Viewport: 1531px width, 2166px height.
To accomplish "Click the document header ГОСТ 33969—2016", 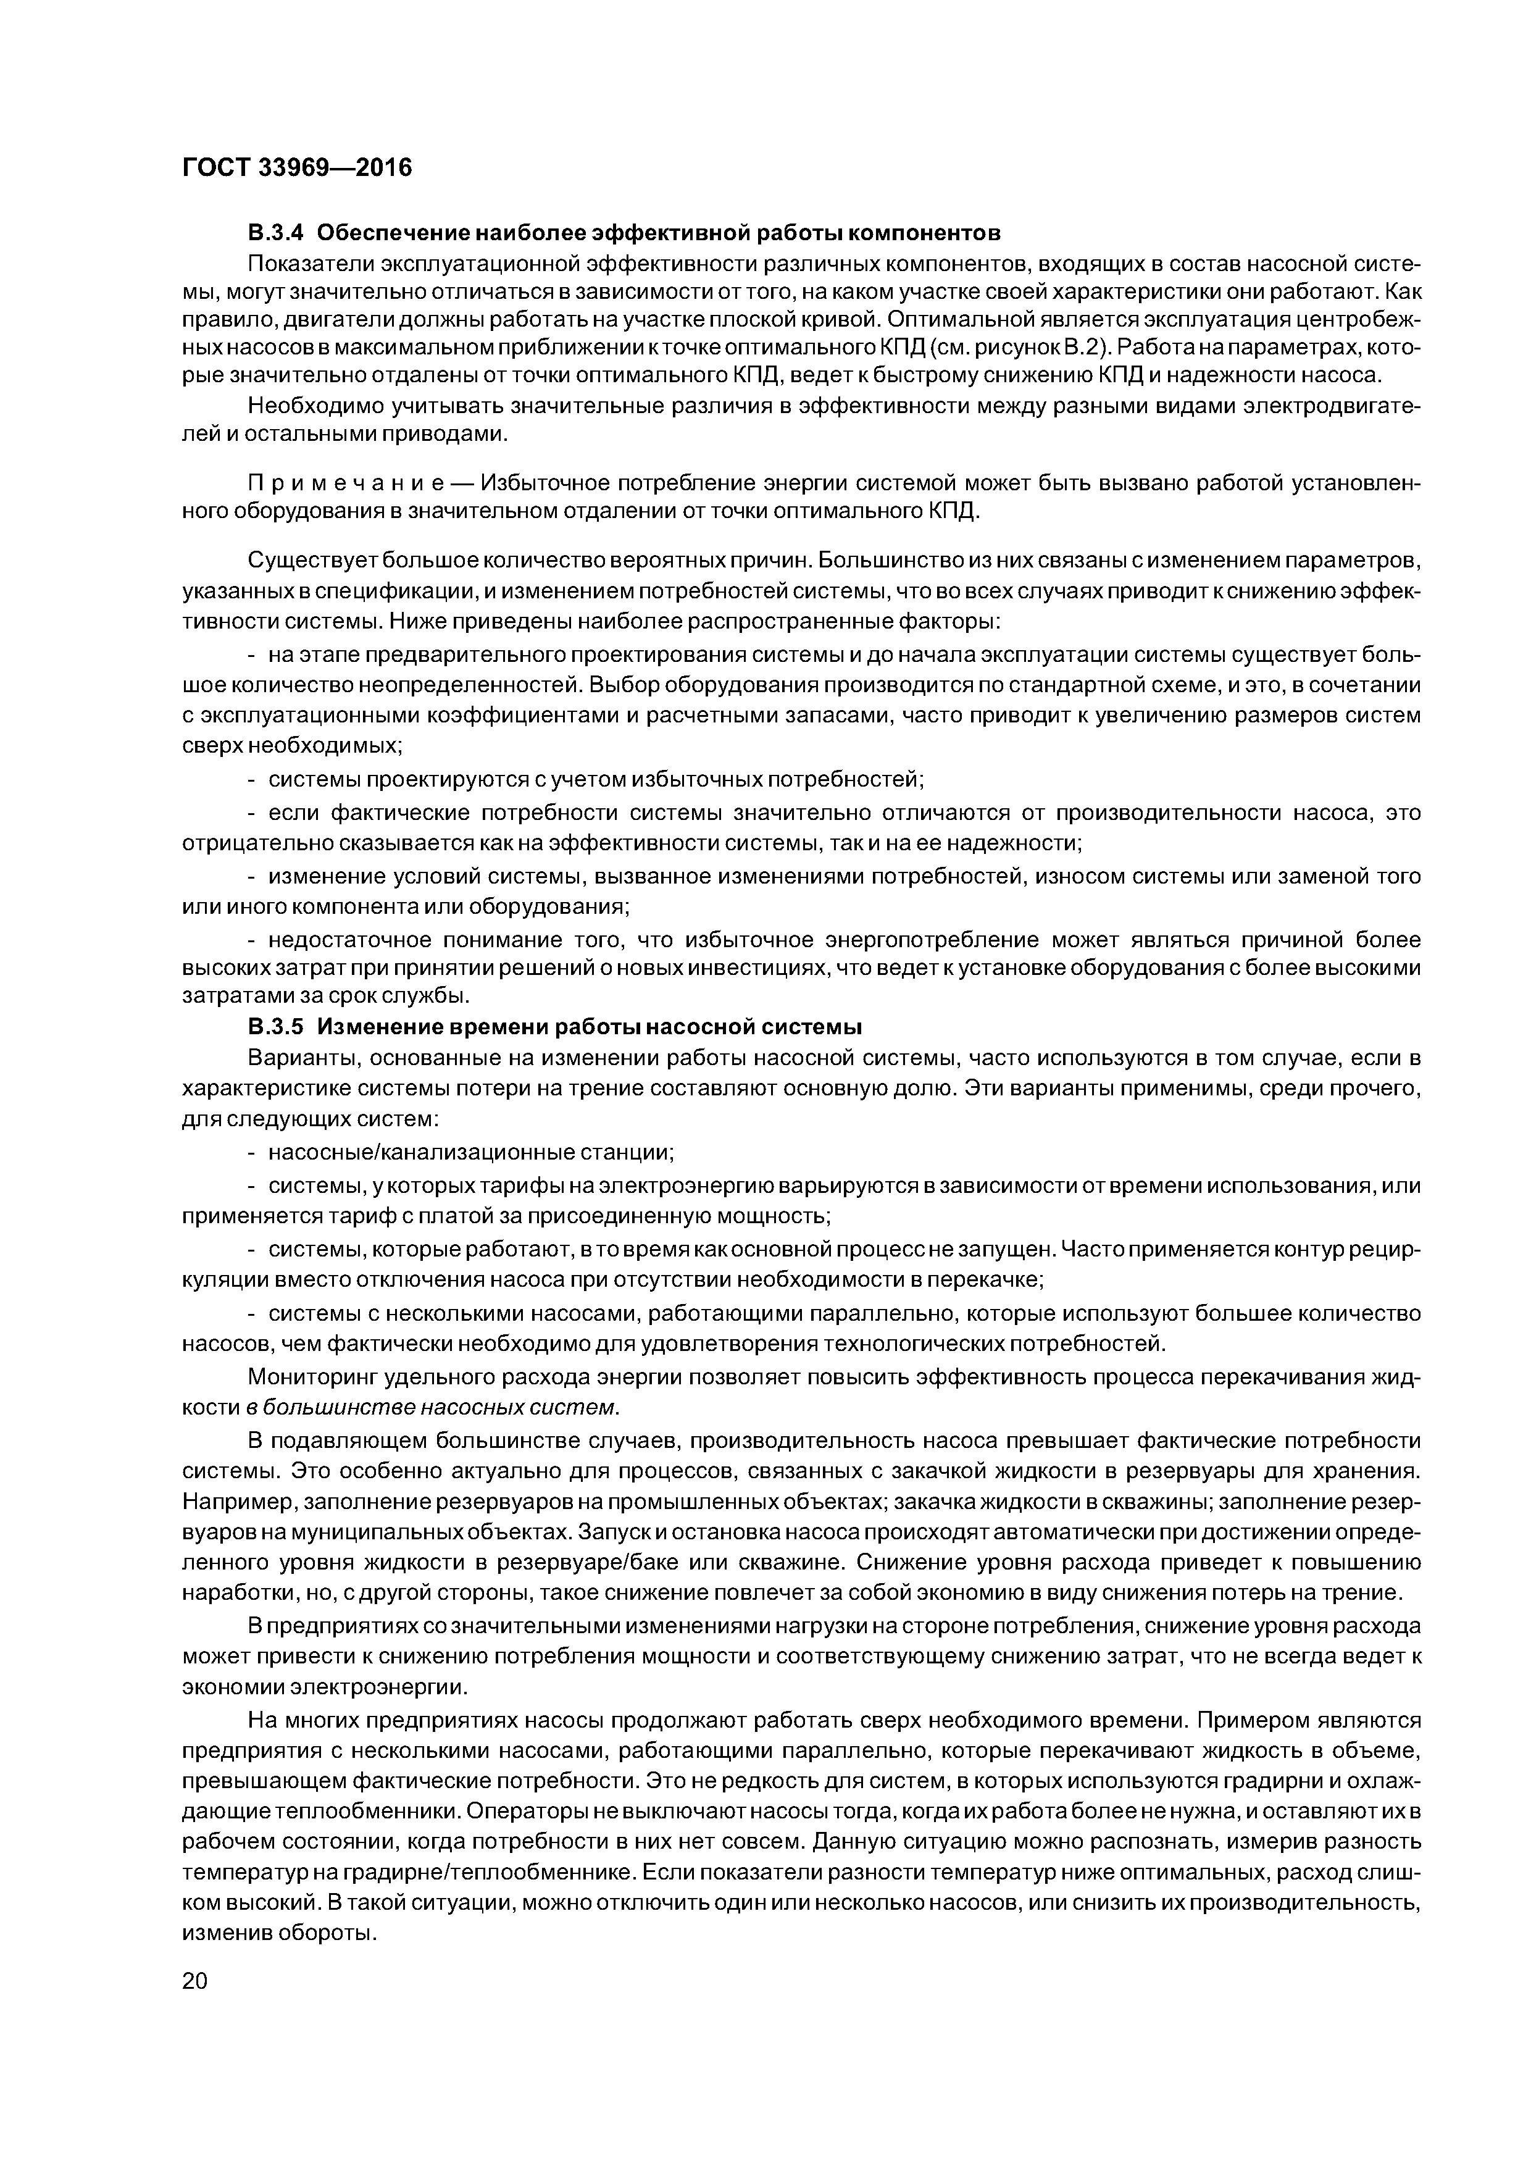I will pos(297,168).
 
